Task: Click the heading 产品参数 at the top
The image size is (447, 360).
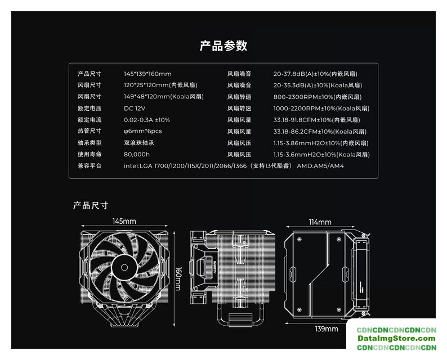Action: tap(223, 46)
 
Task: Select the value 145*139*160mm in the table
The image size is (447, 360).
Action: tap(147, 74)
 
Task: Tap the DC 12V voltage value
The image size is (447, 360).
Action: tap(135, 109)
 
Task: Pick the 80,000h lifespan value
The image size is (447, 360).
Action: tap(137, 154)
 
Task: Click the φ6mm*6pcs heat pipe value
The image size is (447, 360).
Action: tap(143, 131)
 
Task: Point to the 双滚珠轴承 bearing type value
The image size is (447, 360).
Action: tap(139, 143)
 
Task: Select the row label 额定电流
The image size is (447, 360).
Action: tap(90, 120)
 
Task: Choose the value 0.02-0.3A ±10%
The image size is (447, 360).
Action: tap(147, 120)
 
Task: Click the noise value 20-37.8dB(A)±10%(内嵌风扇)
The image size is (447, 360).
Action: tap(315, 74)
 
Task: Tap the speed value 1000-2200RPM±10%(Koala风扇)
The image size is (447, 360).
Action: tap(321, 109)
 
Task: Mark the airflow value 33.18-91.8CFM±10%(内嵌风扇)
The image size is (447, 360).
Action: tap(317, 120)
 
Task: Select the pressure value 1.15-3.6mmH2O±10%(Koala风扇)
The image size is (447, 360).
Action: tap(321, 155)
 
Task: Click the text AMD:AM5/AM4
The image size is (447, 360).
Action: tap(320, 166)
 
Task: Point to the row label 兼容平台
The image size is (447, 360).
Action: tap(90, 166)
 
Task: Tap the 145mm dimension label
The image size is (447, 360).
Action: tap(124, 221)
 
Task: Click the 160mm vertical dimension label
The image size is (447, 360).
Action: tap(178, 278)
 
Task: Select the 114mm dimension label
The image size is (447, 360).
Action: tap(320, 222)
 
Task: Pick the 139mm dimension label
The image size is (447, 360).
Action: tap(327, 329)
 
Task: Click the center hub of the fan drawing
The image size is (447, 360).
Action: tap(124, 267)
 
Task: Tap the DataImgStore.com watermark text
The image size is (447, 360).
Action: tap(396, 339)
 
